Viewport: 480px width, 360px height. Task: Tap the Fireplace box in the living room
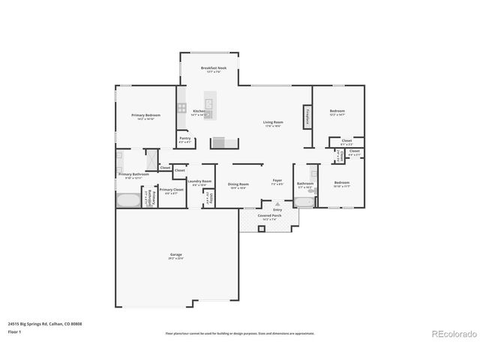click(x=307, y=117)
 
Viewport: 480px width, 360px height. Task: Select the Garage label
click(x=176, y=256)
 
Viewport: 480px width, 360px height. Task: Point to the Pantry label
click(x=185, y=139)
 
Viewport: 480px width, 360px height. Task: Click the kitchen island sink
click(x=209, y=105)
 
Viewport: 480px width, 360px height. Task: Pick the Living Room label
click(x=272, y=123)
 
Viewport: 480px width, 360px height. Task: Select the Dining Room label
click(x=238, y=184)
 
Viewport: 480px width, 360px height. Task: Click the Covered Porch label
click(x=269, y=216)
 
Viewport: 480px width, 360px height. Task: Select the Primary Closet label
click(x=170, y=190)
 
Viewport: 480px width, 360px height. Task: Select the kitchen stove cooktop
click(x=182, y=108)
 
